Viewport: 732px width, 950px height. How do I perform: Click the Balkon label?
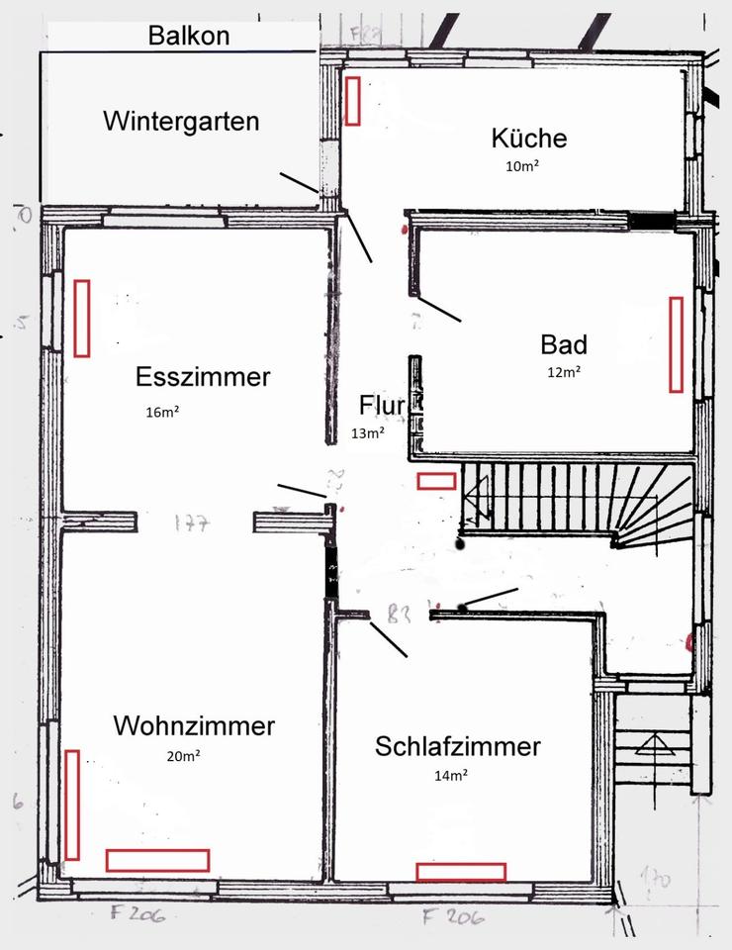pos(188,37)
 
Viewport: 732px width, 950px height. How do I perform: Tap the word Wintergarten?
pos(181,121)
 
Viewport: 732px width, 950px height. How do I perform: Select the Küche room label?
pos(529,138)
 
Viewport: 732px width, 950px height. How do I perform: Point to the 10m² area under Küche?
pos(522,166)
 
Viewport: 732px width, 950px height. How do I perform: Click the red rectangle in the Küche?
pos(352,101)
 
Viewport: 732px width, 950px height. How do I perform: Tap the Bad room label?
pos(564,344)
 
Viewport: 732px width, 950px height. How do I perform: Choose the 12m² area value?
pos(564,372)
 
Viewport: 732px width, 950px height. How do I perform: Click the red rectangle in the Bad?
pos(677,343)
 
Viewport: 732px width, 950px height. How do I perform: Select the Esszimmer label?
pos(203,377)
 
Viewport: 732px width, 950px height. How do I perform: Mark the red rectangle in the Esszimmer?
pos(81,318)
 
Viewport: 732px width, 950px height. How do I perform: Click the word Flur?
pos(383,406)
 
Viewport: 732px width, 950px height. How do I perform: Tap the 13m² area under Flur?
pos(368,432)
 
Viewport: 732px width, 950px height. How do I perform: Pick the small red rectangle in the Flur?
pos(436,481)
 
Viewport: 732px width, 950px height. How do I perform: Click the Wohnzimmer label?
pos(194,725)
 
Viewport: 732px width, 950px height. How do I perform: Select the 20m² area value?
pos(184,756)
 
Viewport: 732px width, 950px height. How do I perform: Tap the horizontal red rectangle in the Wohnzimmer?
pos(157,860)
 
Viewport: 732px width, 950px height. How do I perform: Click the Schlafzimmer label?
pos(458,746)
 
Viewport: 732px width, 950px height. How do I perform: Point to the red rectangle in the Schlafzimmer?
pos(461,872)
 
